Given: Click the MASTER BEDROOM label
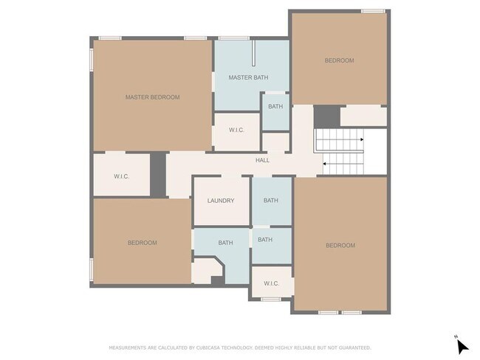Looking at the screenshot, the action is pyautogui.click(x=152, y=97).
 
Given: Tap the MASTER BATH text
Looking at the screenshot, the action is pyautogui.click(x=248, y=77).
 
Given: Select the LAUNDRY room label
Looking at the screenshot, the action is pyautogui.click(x=221, y=201).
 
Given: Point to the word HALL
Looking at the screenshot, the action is pyautogui.click(x=263, y=160).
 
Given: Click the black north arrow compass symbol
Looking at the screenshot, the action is pyautogui.click(x=462, y=347).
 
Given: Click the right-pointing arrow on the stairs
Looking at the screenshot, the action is pyautogui.click(x=362, y=139).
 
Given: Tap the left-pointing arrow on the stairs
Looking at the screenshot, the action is pyautogui.click(x=324, y=165).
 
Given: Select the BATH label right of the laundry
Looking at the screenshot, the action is pyautogui.click(x=271, y=201).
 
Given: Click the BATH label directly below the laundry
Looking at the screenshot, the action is pyautogui.click(x=226, y=243).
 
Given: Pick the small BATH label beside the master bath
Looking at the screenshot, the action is pyautogui.click(x=275, y=106).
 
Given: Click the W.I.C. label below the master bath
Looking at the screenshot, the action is pyautogui.click(x=236, y=131).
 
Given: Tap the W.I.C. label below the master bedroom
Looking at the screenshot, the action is pyautogui.click(x=122, y=176).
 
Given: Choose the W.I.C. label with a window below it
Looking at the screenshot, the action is pyautogui.click(x=272, y=283).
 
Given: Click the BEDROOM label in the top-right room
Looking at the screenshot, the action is pyautogui.click(x=339, y=60).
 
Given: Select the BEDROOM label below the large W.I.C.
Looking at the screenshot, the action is pyautogui.click(x=143, y=243).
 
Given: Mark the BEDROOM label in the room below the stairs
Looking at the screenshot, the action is pyautogui.click(x=340, y=246).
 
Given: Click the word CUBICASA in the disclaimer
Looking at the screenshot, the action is pyautogui.click(x=208, y=347).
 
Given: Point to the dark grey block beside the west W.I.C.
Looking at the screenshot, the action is pyautogui.click(x=158, y=175).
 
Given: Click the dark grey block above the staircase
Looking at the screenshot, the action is pyautogui.click(x=327, y=117).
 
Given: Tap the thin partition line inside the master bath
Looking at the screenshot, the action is pyautogui.click(x=253, y=53).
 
